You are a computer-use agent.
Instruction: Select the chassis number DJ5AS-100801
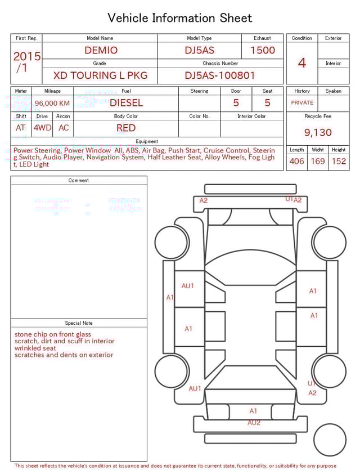pyautogui.click(x=220, y=75)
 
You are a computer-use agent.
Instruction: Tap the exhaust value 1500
pyautogui.click(x=263, y=50)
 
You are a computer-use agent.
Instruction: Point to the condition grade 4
pyautogui.click(x=302, y=62)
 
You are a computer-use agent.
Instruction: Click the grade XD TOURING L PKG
pyautogui.click(x=100, y=75)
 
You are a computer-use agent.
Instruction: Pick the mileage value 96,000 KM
pyautogui.click(x=52, y=103)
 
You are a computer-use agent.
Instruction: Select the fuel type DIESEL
pyautogui.click(x=126, y=102)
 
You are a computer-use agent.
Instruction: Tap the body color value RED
pyautogui.click(x=126, y=128)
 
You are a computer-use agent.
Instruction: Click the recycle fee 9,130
pyautogui.click(x=318, y=132)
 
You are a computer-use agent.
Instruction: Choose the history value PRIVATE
pyautogui.click(x=302, y=102)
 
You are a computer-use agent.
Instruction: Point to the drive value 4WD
pyautogui.click(x=42, y=128)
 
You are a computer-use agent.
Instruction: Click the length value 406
pyautogui.click(x=296, y=161)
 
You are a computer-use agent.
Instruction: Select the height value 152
pyautogui.click(x=339, y=161)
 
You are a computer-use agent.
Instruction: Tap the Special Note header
pyautogui.click(x=79, y=323)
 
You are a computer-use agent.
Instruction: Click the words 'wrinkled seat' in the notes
pyautogui.click(x=35, y=348)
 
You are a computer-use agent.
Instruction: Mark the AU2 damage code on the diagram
pyautogui.click(x=254, y=422)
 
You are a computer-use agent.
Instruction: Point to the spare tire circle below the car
pyautogui.click(x=330, y=440)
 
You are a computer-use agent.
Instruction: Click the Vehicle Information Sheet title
pyautogui.click(x=180, y=18)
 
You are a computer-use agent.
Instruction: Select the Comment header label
pyautogui.click(x=79, y=181)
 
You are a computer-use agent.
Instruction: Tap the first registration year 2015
pyautogui.click(x=26, y=56)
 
